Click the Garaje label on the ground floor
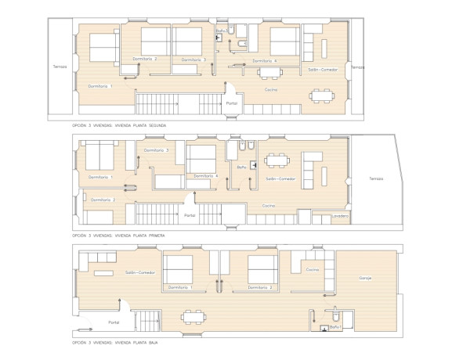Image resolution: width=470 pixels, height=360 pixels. [365, 278]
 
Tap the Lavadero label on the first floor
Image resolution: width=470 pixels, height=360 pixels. [339, 215]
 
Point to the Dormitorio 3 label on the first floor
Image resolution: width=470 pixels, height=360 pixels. [157, 150]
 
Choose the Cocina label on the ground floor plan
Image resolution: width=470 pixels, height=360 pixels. [313, 269]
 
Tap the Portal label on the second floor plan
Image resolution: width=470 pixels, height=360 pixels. [231, 103]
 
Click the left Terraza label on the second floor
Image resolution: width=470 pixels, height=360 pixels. [60, 67]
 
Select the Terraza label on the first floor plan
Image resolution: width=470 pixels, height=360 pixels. [376, 179]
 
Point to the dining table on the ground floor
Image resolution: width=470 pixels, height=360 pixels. [191, 315]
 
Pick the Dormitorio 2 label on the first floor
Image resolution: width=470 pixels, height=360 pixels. [103, 200]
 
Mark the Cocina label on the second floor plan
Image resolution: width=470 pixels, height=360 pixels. [271, 90]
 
